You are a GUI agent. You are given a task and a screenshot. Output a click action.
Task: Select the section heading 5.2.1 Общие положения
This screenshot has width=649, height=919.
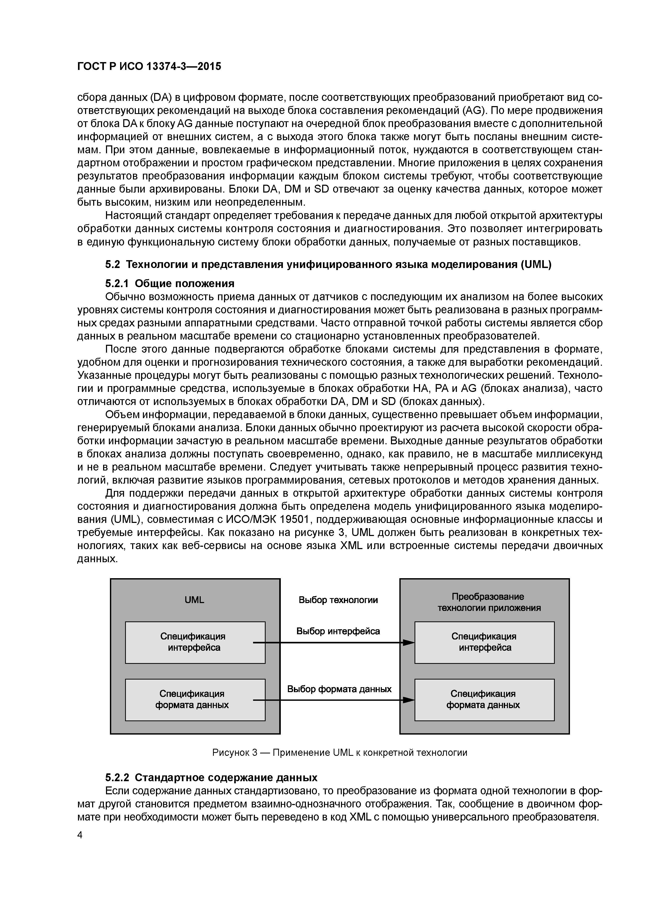point(170,283)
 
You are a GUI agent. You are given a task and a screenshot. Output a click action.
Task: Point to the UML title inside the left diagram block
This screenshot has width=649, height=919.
point(194,600)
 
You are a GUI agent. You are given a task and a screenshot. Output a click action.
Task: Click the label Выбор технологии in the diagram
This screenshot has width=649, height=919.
point(338,600)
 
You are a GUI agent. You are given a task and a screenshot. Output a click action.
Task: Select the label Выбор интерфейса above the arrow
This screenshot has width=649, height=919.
point(338,631)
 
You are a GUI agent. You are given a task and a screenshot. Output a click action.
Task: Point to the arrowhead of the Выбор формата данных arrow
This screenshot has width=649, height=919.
point(409,700)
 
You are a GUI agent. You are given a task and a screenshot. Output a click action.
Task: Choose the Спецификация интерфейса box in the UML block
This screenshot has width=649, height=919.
point(195,642)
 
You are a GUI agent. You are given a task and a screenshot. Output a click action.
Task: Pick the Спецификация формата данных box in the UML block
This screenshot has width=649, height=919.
point(195,700)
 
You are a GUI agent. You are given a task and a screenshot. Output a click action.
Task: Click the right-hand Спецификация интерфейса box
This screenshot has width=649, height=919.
point(484,642)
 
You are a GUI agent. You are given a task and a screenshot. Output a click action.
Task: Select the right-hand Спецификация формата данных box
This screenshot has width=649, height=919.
point(484,700)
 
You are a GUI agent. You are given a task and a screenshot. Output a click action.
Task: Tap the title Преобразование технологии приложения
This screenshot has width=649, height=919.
point(489,602)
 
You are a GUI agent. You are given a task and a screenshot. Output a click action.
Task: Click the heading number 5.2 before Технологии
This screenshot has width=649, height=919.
point(112,265)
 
